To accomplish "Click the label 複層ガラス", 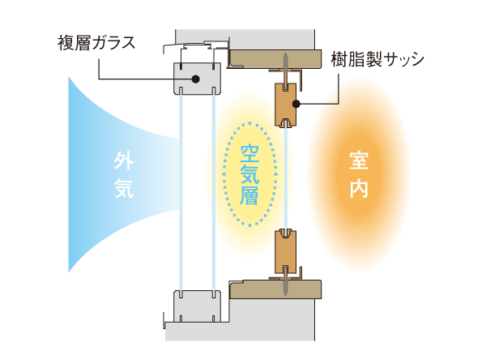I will tap(96, 40).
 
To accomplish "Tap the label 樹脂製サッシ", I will tap(377, 59).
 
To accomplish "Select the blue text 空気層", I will tap(249, 173).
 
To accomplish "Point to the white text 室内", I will tap(358, 174).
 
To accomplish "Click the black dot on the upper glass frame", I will tap(196, 79).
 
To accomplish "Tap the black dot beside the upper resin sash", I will tap(297, 103).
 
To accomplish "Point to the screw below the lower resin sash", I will tap(287, 285).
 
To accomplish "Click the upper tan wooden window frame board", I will tap(275, 58).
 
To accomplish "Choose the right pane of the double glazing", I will tap(213, 191).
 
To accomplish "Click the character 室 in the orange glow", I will tap(358, 160).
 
